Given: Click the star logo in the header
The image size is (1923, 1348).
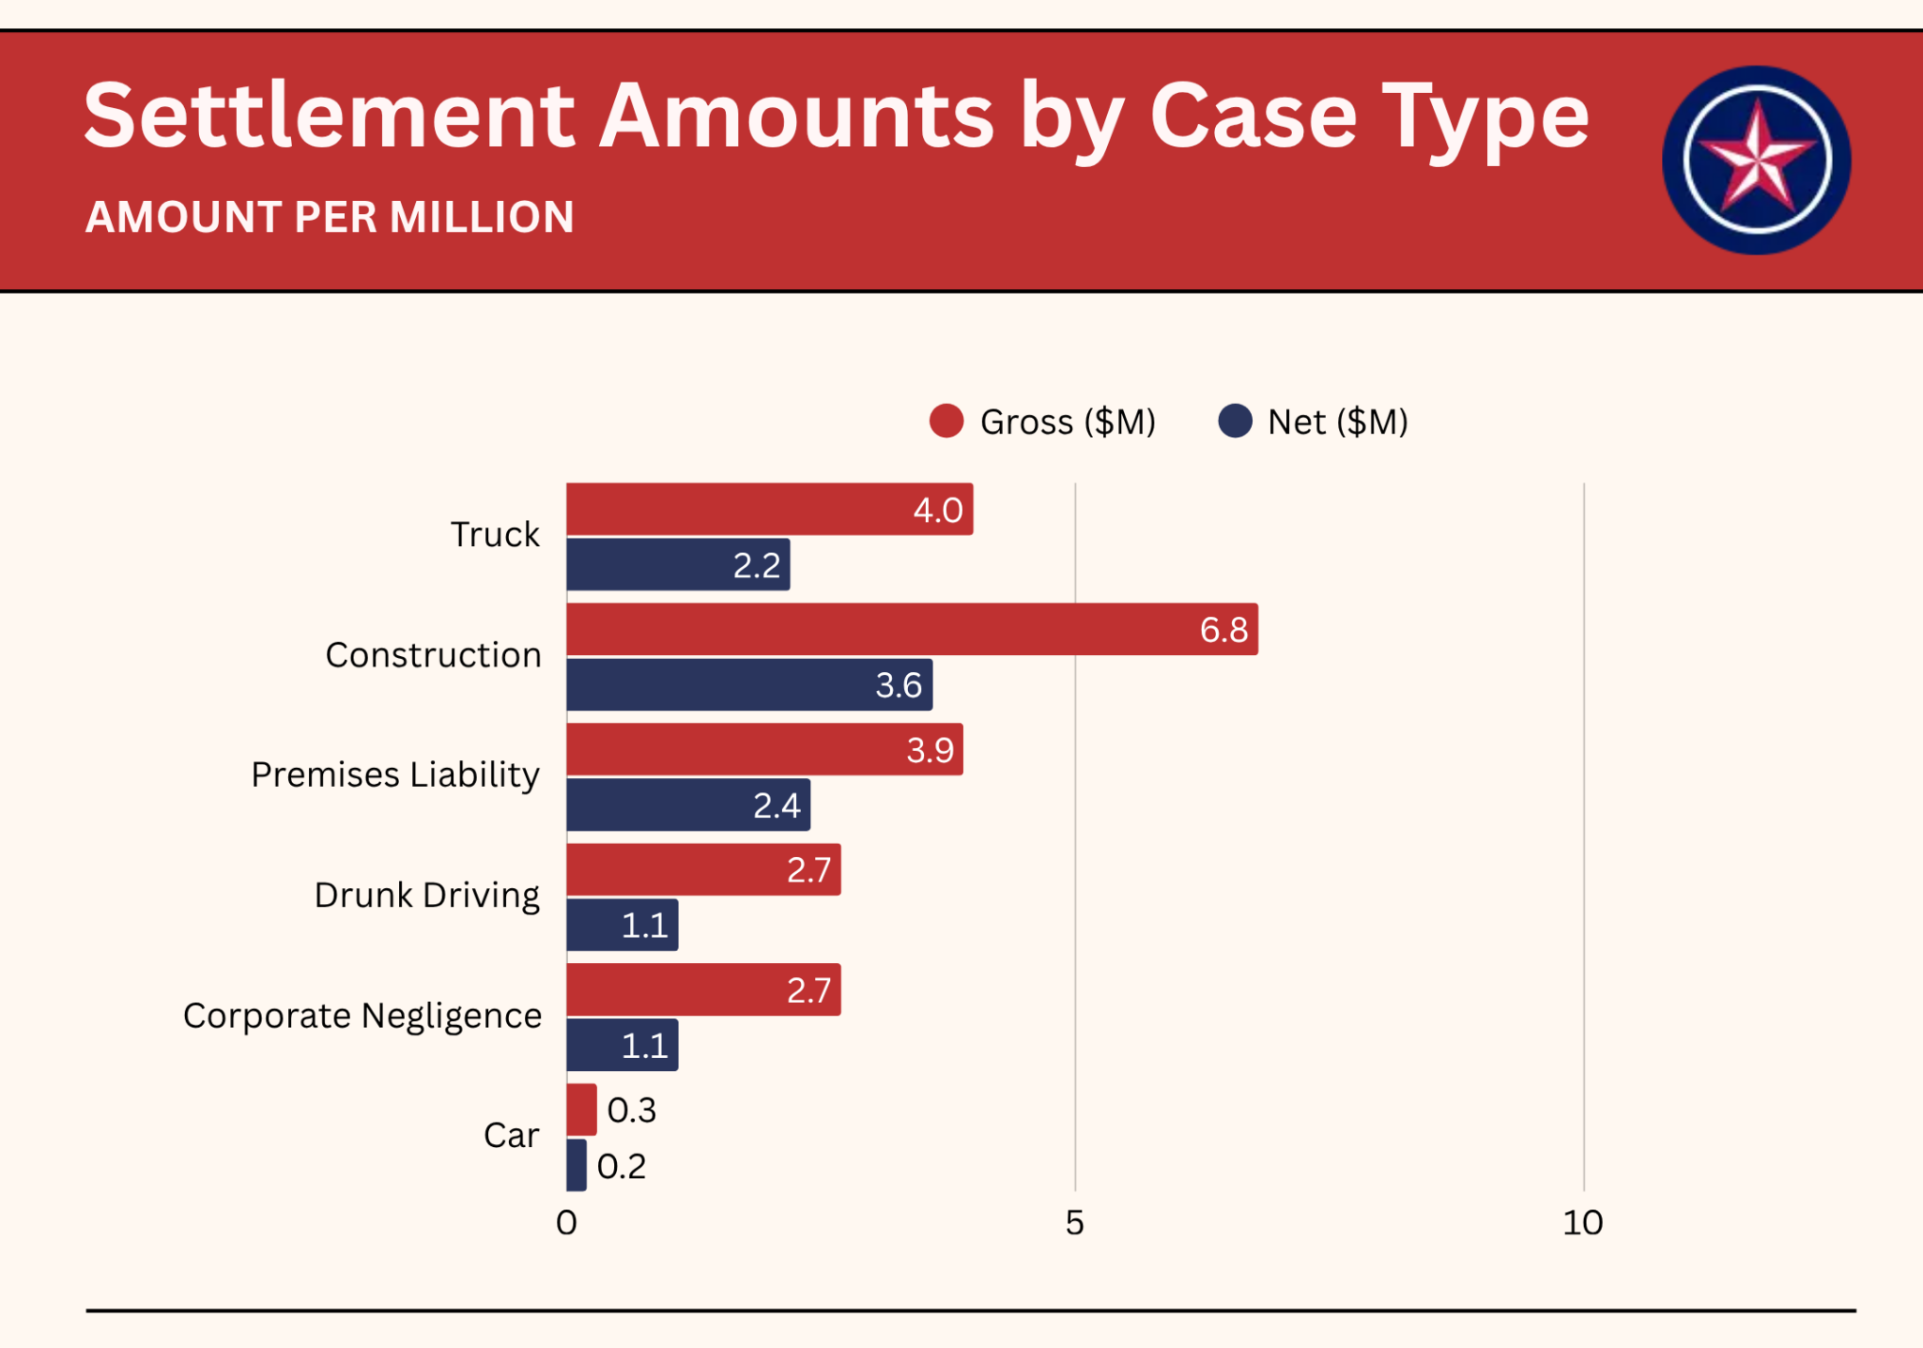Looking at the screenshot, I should [1756, 161].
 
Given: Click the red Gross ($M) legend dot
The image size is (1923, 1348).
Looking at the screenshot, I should [946, 421].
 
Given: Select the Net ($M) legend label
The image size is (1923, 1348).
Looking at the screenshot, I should [1337, 422].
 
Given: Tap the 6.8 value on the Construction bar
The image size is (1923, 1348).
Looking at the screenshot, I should [1223, 630].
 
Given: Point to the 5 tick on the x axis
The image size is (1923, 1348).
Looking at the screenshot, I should [1075, 1222].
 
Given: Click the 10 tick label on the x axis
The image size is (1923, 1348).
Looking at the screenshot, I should [1583, 1222].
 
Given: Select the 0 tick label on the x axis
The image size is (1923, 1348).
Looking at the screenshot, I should [566, 1222].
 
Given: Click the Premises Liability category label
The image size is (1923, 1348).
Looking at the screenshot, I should [395, 775].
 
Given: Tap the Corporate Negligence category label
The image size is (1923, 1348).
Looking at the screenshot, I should [362, 1016].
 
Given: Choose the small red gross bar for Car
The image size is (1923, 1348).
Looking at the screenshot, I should [581, 1110].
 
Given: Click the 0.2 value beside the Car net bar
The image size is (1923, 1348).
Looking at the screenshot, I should [622, 1166].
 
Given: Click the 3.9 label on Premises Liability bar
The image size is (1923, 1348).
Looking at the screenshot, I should [930, 750].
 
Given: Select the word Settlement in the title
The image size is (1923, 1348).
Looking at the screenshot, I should [329, 115].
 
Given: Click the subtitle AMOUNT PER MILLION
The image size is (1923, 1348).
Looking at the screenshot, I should [330, 218].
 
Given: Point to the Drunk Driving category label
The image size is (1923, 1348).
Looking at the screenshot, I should [427, 896].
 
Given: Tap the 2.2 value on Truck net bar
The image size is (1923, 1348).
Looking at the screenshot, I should [756, 565].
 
